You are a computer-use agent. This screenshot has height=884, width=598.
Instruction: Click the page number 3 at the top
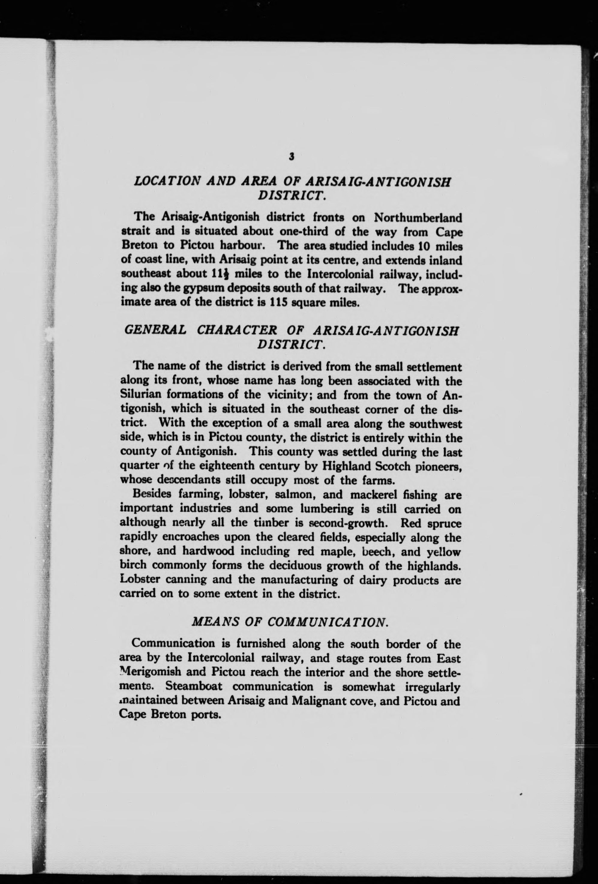[291, 156]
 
